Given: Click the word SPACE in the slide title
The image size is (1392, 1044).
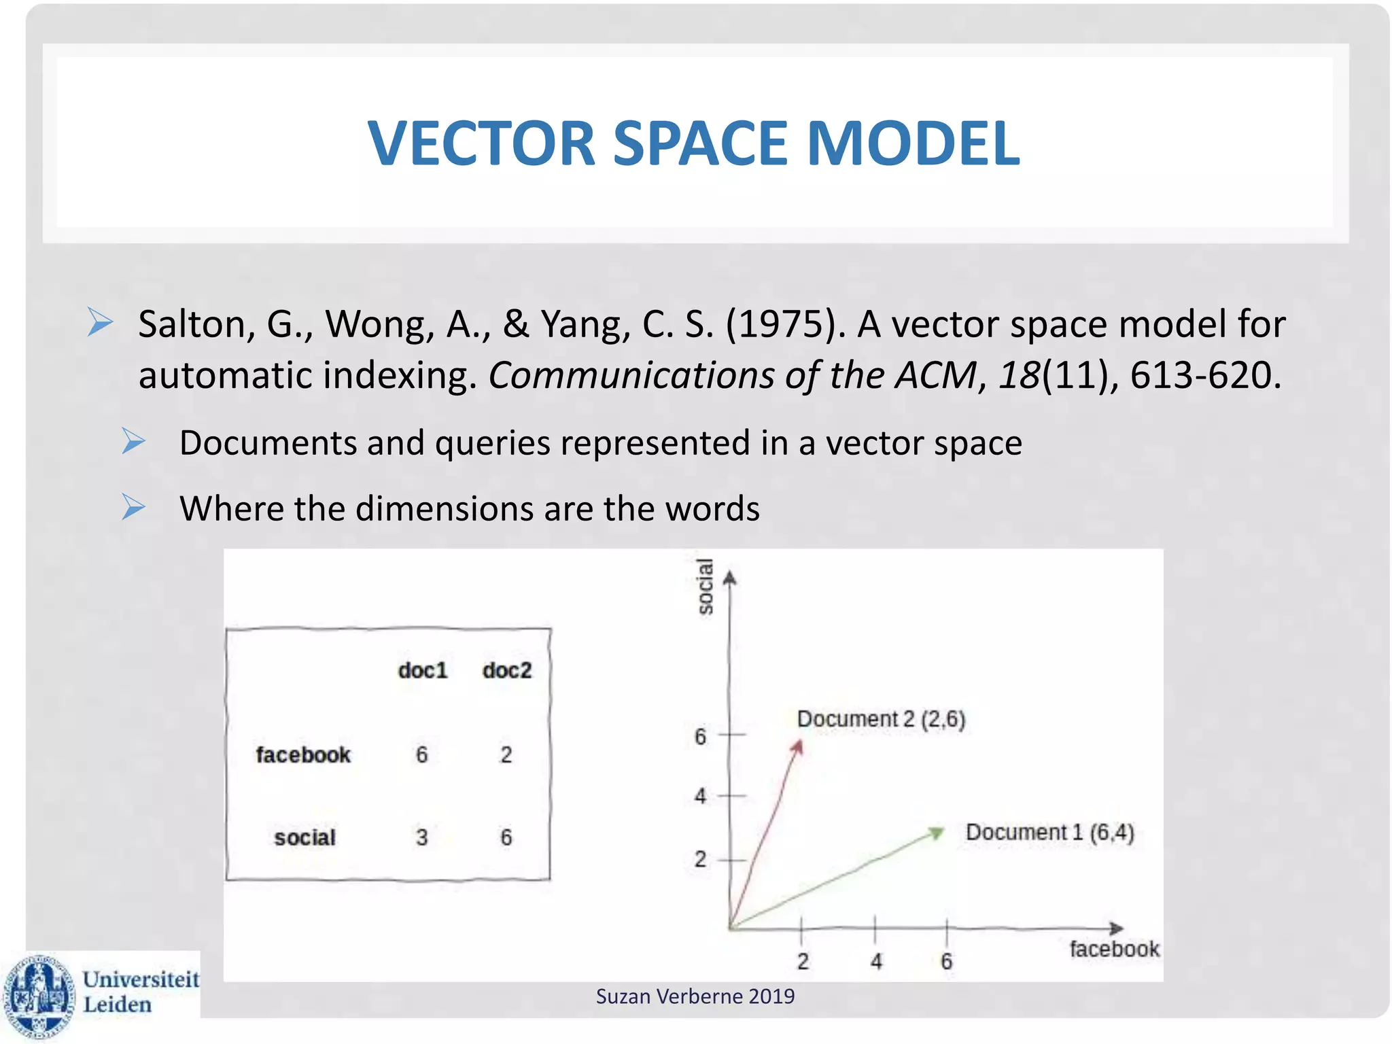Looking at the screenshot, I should pos(700,143).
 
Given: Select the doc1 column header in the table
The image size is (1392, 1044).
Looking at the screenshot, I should pos(423,671).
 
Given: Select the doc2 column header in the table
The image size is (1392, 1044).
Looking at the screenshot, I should pos(507,671).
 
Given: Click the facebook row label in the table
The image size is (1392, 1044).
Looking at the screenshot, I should pos(303,755).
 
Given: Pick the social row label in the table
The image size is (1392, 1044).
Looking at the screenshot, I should pos(304,837).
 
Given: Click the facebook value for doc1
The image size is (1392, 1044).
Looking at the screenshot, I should pos(422,755).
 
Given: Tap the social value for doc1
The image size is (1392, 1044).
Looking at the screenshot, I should pos(422,837).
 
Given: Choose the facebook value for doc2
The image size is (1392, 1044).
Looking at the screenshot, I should pos(506,755).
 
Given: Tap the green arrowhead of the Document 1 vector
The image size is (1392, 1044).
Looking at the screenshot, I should pos(937,832).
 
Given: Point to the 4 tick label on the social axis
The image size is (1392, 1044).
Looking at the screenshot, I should pos(701,796).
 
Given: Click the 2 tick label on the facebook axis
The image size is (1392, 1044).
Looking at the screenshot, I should pos(803,962).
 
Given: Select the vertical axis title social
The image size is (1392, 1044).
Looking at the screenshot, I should pos(706,586).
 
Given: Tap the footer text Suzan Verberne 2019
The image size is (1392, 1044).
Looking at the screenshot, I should pos(695,996).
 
